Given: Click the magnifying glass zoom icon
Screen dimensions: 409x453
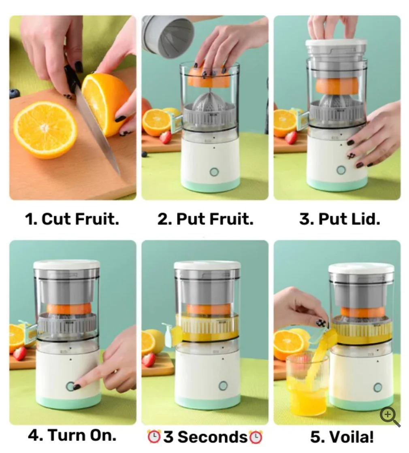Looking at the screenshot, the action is tap(390, 417).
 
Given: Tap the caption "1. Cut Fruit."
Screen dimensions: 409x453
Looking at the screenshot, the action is tap(72, 219).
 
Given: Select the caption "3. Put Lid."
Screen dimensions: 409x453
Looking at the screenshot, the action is tap(340, 219).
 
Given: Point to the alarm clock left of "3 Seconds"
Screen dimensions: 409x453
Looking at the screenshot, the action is tap(154, 436).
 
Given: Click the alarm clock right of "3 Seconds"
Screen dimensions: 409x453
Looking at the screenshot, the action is tap(256, 437).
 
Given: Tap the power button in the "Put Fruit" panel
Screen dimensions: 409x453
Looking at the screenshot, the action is tap(214, 172).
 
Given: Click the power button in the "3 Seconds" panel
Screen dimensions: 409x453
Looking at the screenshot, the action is tap(223, 385).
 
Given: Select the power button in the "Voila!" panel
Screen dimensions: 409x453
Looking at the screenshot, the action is tap(378, 387).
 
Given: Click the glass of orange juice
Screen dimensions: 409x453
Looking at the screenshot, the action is tap(307, 383).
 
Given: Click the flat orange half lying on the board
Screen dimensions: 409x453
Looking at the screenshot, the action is tap(45, 130).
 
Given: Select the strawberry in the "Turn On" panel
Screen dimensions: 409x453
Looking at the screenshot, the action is tap(20, 353).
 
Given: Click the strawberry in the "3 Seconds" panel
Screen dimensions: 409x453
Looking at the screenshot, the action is tap(149, 360).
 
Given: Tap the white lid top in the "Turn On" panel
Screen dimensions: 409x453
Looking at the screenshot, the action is tap(67, 264).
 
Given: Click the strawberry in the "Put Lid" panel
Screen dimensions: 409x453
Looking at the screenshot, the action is tap(291, 138).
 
